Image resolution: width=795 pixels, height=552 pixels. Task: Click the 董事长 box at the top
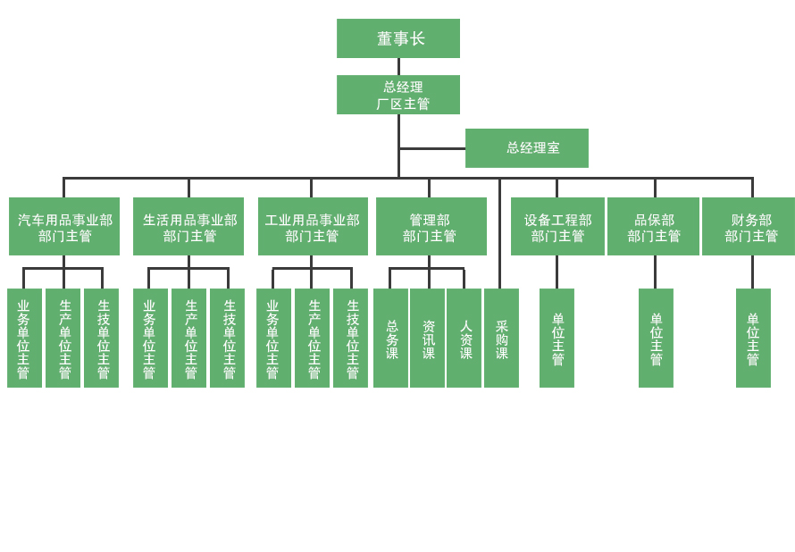(398, 38)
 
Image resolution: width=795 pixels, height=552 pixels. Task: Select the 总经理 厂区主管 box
(398, 95)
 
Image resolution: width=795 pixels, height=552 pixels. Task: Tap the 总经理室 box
(527, 148)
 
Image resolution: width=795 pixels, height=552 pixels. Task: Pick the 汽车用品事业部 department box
(64, 227)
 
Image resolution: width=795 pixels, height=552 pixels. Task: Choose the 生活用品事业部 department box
(188, 227)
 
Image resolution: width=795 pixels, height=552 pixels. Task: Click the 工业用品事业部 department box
(313, 227)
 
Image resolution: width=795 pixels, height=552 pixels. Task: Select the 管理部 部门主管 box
(431, 227)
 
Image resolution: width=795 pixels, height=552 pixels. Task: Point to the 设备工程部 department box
(557, 227)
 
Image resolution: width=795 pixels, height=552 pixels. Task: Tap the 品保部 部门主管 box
(654, 227)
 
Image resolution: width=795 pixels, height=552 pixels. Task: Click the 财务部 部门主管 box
(749, 227)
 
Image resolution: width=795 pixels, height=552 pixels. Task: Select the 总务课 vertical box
(391, 339)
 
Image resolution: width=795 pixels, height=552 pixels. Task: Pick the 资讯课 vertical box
(428, 339)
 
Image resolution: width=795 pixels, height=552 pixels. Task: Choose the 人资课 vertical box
(464, 339)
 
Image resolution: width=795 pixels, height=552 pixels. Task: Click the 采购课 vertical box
(501, 339)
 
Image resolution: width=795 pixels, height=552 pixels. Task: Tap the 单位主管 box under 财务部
(753, 339)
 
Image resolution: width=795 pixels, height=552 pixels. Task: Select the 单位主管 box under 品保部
(656, 339)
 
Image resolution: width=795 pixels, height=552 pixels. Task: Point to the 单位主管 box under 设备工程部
(556, 339)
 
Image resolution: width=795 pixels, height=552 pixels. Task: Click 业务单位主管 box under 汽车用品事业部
(24, 339)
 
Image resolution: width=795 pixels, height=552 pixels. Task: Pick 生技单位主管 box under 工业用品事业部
(351, 339)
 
